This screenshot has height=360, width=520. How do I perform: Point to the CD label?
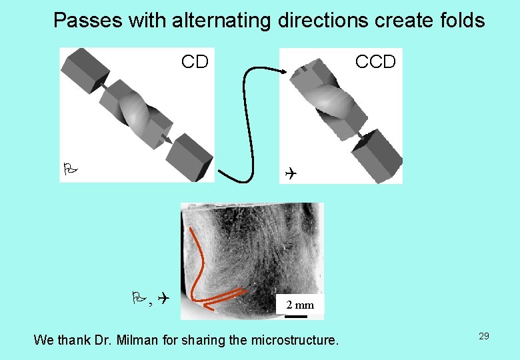[195, 62]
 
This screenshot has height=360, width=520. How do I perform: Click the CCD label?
[375, 62]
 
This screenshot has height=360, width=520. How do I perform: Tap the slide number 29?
[483, 336]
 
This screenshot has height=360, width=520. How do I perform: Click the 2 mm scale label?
[299, 305]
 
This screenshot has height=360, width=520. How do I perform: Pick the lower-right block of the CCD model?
[377, 155]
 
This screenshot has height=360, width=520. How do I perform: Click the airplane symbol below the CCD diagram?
[289, 173]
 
